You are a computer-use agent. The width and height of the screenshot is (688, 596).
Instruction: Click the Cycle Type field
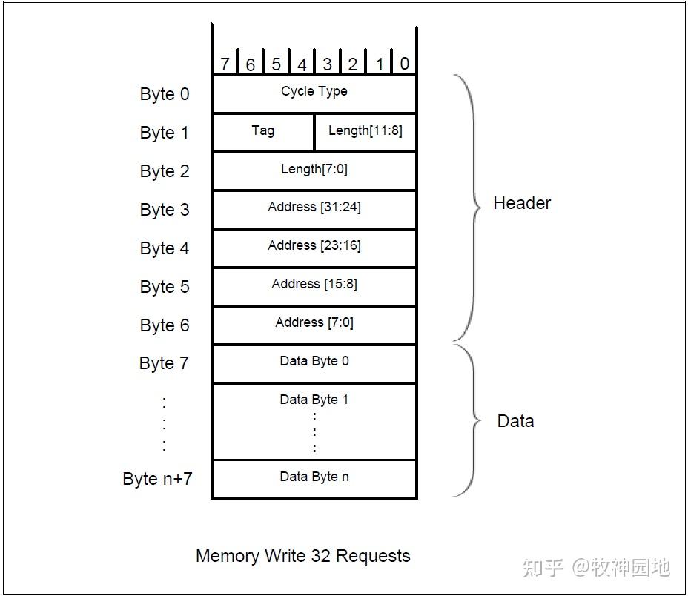coord(314,93)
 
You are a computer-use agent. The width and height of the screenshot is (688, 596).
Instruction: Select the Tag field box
coord(262,131)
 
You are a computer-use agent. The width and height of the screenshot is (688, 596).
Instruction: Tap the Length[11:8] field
coord(365,131)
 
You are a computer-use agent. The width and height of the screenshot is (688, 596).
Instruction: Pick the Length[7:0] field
coord(314,170)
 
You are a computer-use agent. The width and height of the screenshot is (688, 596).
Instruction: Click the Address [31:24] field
coord(314,208)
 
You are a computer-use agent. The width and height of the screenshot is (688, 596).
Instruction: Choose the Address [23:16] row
coord(314,247)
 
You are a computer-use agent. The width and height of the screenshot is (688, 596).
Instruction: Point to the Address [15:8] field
coord(314,285)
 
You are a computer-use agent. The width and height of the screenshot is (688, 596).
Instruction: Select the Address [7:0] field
coord(314,324)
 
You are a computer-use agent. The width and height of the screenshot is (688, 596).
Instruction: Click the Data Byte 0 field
coord(314,362)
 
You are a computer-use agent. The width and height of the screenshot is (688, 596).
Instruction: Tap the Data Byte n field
coord(314,477)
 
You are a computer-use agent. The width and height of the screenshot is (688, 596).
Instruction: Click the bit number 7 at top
coord(225,64)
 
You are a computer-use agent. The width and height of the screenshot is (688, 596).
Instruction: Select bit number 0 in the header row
coord(404,64)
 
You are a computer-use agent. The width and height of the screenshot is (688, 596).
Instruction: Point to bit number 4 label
coord(302,64)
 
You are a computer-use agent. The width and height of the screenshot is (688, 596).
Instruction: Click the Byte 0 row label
coord(165,94)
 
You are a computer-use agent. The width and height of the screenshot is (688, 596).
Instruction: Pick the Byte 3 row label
coord(165,210)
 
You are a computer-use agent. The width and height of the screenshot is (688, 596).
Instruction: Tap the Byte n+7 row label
coord(157,478)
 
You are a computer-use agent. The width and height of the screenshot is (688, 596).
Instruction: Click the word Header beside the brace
coord(522,203)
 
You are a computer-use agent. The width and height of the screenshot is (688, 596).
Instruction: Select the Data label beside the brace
coord(515,421)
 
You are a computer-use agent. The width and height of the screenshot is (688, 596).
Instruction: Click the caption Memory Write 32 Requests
coord(302,556)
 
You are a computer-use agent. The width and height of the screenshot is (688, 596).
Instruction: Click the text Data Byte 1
coord(314,400)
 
